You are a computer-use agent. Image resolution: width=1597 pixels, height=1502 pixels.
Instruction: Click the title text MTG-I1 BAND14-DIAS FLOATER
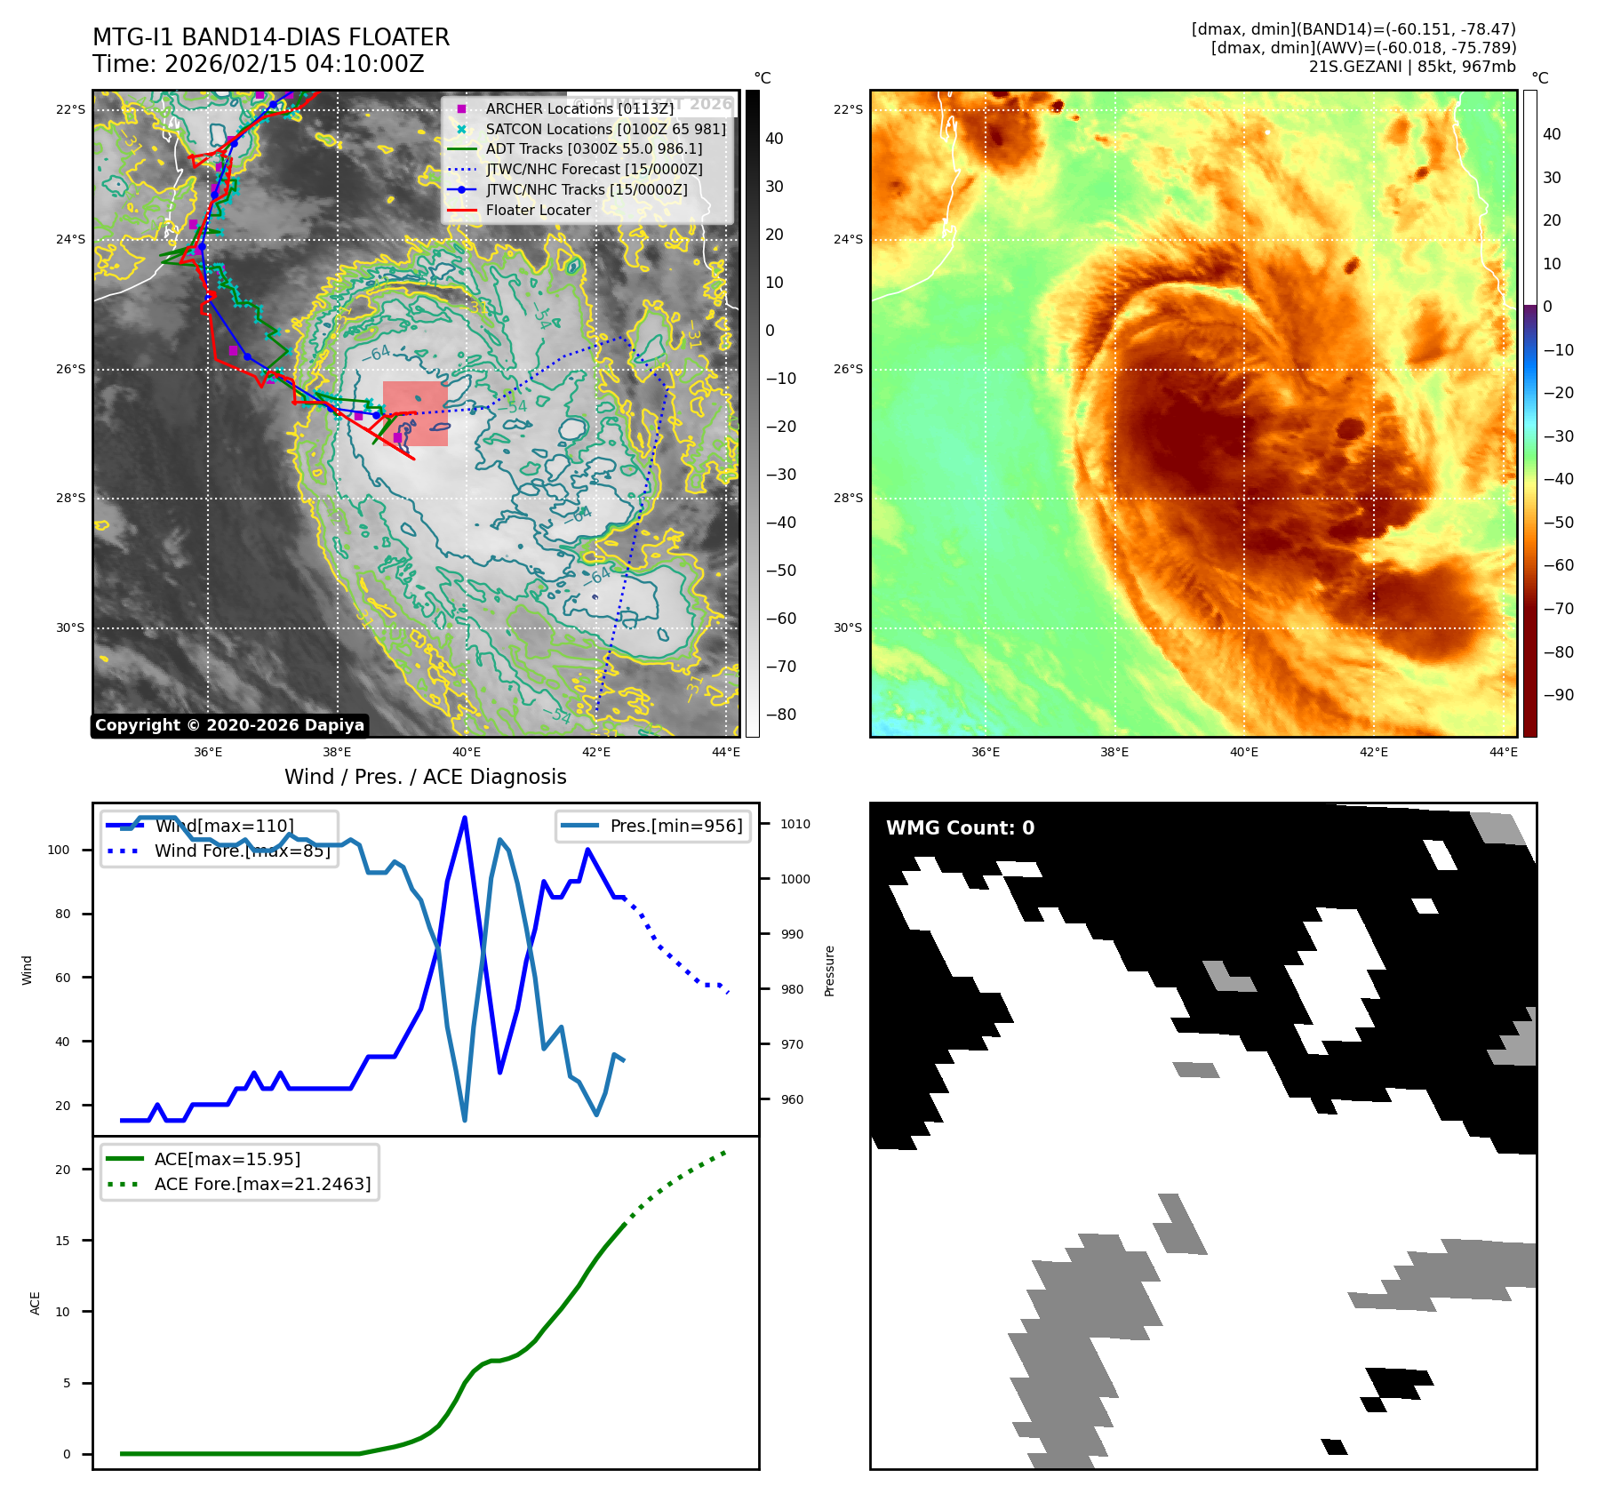click(271, 37)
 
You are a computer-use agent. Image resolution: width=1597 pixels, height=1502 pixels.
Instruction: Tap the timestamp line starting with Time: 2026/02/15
click(258, 64)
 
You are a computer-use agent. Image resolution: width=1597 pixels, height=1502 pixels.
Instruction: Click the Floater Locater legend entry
click(538, 210)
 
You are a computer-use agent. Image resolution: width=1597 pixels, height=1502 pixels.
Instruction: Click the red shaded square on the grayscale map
click(415, 413)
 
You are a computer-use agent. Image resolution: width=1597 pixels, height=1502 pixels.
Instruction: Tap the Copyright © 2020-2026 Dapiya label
click(229, 725)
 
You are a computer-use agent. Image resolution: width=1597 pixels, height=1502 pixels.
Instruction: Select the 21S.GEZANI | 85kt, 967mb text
click(1412, 67)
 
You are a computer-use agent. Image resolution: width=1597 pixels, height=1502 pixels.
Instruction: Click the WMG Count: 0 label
click(960, 828)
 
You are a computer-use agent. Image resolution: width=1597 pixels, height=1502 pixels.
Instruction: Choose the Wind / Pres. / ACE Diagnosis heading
click(425, 777)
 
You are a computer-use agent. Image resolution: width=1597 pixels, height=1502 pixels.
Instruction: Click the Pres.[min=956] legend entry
click(675, 826)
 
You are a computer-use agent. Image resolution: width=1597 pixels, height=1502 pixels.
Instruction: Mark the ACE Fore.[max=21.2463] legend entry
click(262, 1184)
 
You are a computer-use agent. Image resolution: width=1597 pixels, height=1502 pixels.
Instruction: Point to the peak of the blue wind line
click(465, 818)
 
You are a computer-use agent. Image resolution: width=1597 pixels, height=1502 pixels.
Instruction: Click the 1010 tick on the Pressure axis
click(795, 824)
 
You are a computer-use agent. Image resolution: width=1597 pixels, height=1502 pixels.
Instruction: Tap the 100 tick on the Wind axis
click(59, 850)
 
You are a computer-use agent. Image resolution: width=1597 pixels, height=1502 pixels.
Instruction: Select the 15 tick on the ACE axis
click(62, 1241)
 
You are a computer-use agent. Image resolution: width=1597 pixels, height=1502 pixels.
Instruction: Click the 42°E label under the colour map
click(1373, 752)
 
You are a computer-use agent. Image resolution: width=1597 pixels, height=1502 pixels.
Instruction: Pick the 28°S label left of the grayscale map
click(71, 498)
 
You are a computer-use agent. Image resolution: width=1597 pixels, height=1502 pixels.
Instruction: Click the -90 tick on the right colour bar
click(1558, 695)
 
